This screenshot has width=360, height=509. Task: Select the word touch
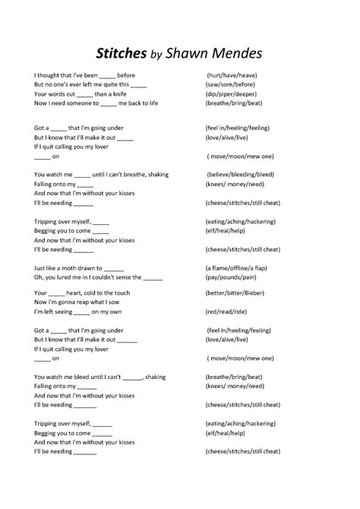pos(122,292)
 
